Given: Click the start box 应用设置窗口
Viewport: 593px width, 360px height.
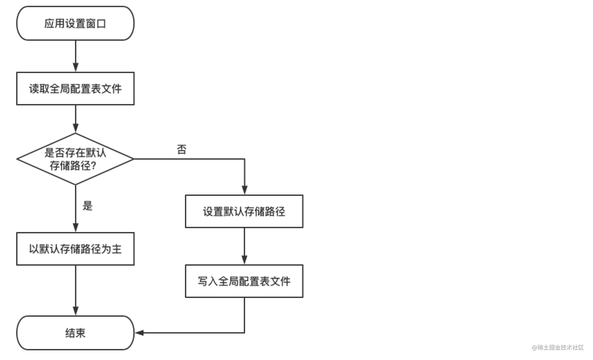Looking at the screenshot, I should (x=75, y=23).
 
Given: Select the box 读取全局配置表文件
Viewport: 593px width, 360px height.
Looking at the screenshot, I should (x=75, y=89).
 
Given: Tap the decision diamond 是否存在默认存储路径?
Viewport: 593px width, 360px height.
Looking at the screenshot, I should (x=75, y=159).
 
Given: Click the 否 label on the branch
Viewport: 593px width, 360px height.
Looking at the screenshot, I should (x=182, y=150).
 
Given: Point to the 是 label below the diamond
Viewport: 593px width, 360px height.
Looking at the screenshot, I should (x=88, y=206).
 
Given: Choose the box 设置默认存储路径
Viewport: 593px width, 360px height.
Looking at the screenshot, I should (x=244, y=211).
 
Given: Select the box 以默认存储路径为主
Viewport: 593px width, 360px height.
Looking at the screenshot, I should (x=75, y=249).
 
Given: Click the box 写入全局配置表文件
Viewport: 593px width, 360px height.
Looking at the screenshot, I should (x=244, y=281).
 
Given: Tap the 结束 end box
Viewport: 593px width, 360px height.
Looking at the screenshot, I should (x=75, y=333).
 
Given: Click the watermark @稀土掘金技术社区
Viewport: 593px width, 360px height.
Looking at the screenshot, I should (x=558, y=348).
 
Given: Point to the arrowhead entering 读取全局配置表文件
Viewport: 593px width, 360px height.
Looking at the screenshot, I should (x=76, y=68).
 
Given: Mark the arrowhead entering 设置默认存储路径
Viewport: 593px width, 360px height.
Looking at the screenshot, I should (x=244, y=190).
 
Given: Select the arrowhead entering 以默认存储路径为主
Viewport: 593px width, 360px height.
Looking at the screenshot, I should (x=76, y=228).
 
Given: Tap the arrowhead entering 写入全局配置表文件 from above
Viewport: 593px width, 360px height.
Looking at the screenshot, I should (x=244, y=260).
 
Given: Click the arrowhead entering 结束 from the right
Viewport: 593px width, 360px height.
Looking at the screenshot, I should (x=139, y=333).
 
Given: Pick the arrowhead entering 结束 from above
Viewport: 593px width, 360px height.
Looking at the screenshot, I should (x=76, y=311).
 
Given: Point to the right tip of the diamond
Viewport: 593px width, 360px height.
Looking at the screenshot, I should (x=133, y=159).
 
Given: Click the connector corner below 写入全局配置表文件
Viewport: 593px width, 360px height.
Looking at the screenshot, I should (x=244, y=333).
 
